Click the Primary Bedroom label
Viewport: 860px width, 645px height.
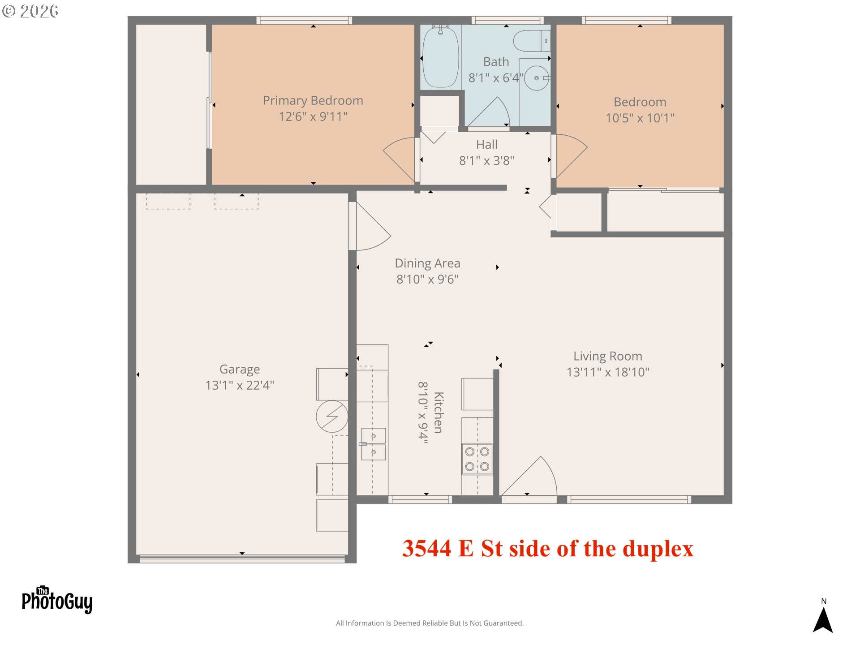[313, 100]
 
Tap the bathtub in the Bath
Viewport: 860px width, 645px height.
[441, 57]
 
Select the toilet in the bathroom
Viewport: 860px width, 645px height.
[532, 41]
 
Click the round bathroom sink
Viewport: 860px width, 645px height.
[537, 78]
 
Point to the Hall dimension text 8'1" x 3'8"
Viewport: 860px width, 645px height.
[486, 160]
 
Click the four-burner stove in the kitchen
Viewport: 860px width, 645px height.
[477, 459]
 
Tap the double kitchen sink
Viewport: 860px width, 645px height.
[373, 444]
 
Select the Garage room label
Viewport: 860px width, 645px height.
[240, 369]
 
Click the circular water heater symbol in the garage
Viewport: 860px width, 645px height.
[332, 416]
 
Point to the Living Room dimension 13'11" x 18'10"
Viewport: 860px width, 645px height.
[608, 372]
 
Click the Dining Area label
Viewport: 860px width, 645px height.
[427, 263]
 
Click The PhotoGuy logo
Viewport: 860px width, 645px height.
[57, 600]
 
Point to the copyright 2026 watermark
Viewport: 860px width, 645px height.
[30, 11]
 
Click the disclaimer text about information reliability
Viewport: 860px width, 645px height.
[430, 623]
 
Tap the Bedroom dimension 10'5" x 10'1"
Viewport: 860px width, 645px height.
[640, 118]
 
